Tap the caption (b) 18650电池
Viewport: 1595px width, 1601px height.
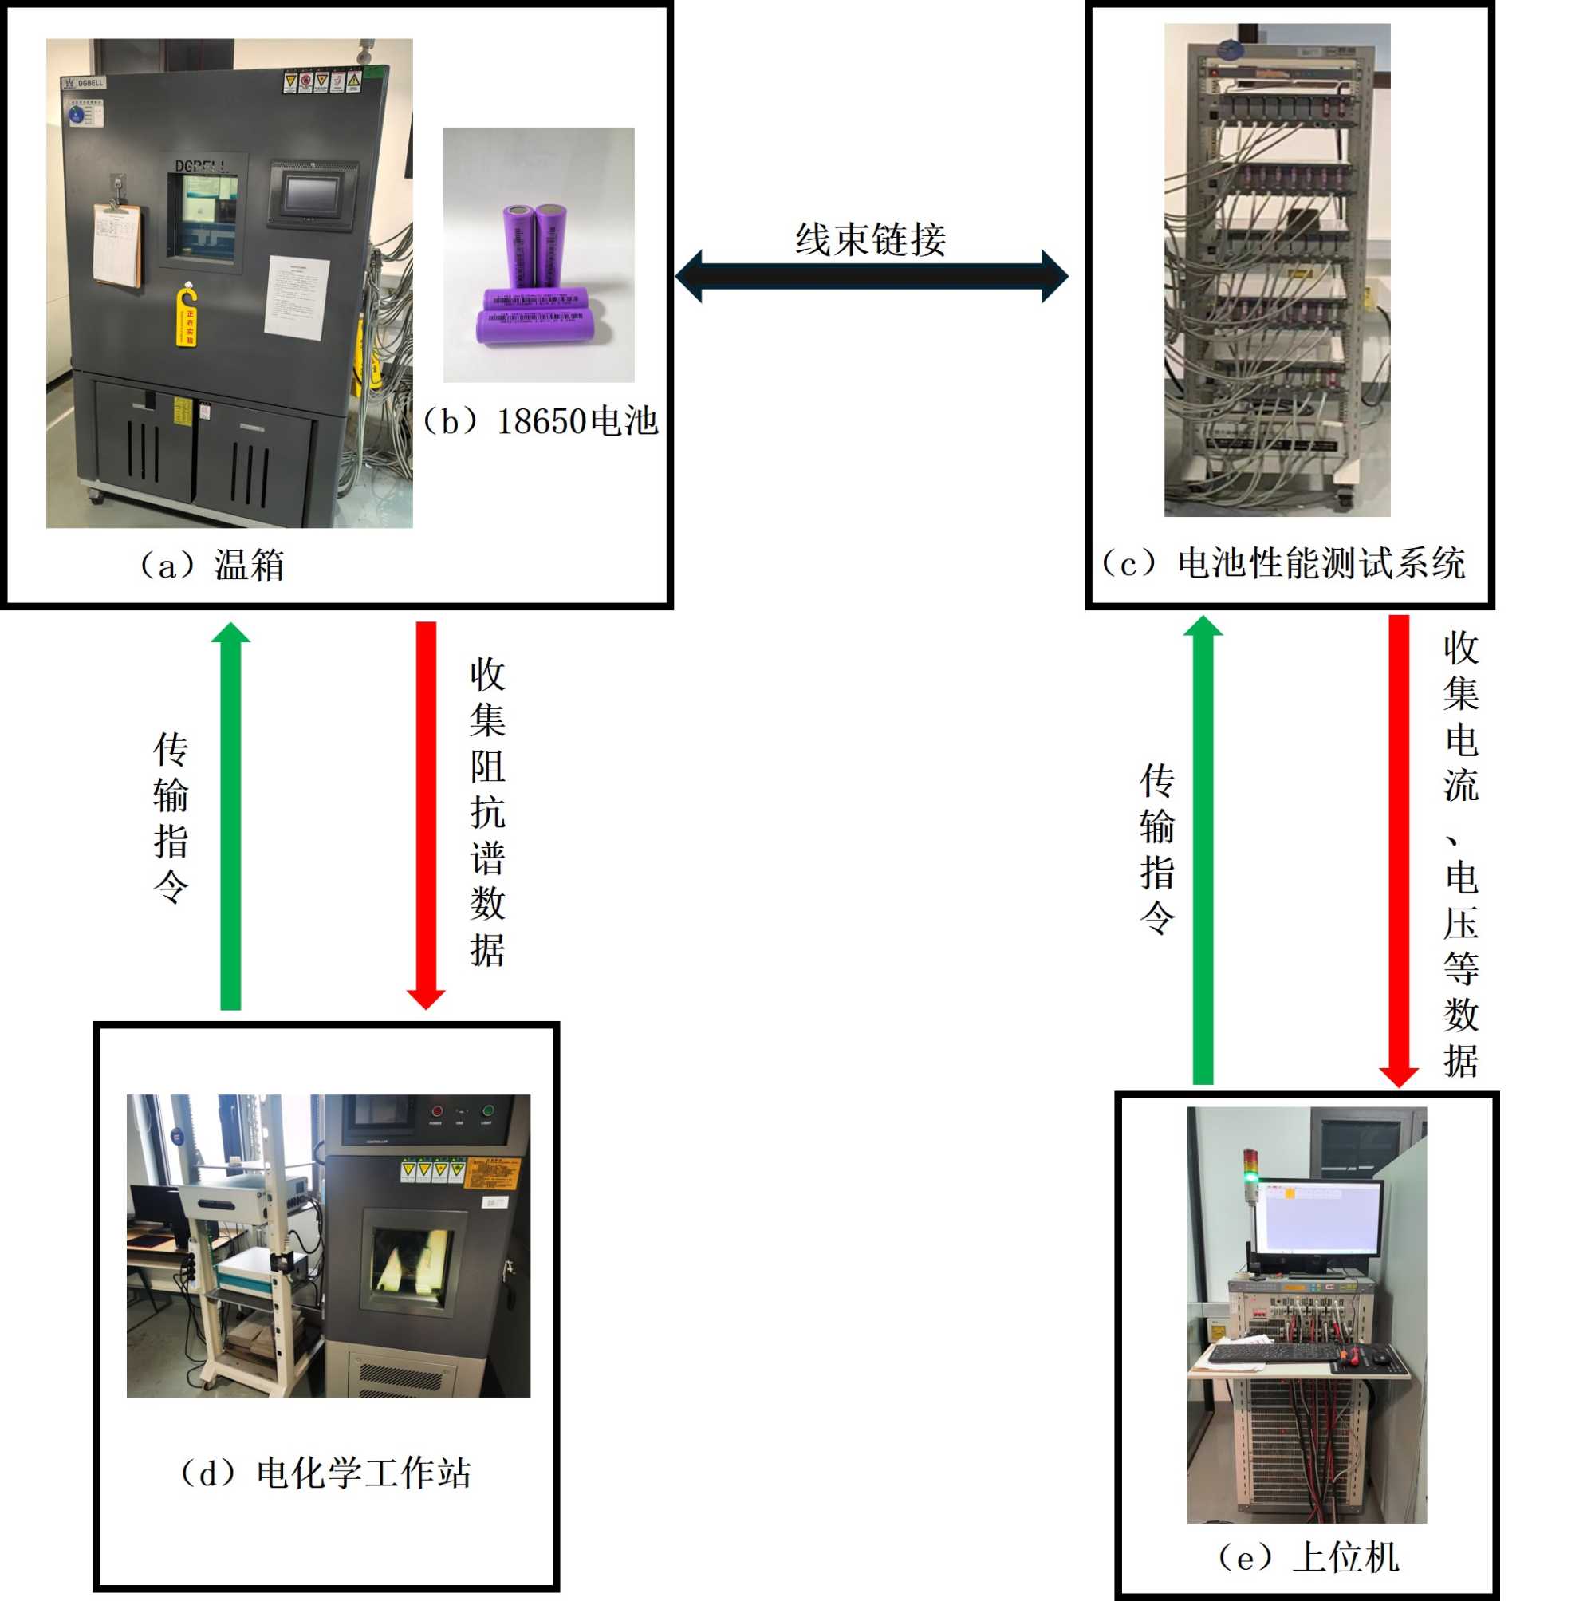coord(540,422)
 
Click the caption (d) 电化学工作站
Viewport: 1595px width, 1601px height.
coord(325,1472)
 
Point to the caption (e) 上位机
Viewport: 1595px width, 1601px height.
coord(1307,1556)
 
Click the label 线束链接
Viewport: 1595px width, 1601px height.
coord(870,239)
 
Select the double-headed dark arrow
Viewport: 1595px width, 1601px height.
coord(871,276)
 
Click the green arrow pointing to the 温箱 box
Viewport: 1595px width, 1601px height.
coord(230,815)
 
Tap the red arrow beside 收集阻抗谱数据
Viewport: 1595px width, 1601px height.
coord(426,815)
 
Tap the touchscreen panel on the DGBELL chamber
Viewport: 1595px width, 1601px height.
coord(313,194)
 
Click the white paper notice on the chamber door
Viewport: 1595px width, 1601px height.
coord(297,297)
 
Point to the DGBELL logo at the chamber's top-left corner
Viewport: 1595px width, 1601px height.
coord(84,83)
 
